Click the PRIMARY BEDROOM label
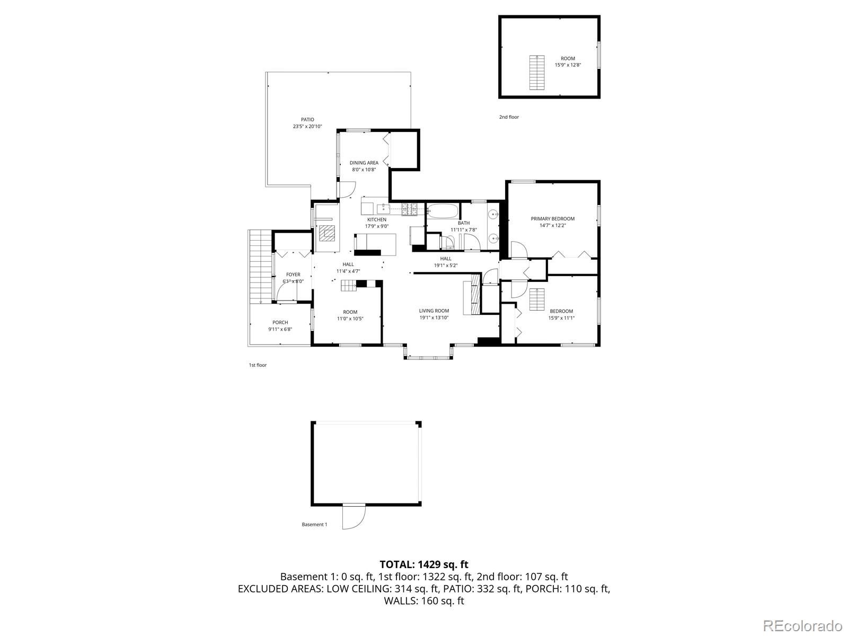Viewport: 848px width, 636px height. (x=553, y=218)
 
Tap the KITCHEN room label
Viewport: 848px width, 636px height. (x=377, y=219)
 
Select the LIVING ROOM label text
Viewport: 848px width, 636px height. (x=434, y=311)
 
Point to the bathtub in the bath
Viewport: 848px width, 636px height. (x=442, y=211)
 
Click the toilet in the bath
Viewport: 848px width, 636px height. (x=448, y=242)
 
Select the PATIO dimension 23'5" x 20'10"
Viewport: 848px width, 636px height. (x=307, y=127)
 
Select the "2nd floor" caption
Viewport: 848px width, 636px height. (x=509, y=117)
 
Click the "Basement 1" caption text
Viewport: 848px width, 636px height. (x=314, y=525)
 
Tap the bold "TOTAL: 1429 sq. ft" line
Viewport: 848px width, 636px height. (x=424, y=564)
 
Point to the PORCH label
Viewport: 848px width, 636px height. (x=280, y=322)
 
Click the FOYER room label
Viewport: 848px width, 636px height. (x=293, y=275)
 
